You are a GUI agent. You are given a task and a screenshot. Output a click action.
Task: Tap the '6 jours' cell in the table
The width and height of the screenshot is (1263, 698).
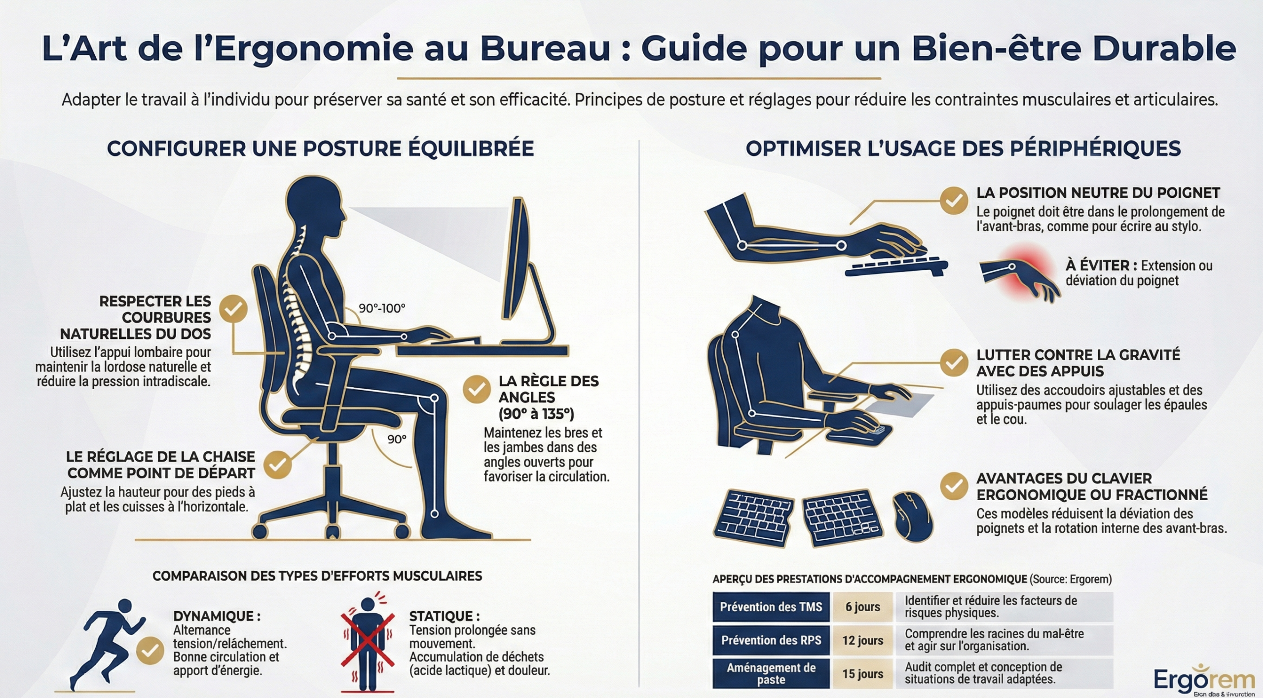click(x=862, y=607)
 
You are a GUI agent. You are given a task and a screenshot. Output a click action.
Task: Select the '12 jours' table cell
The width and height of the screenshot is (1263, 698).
click(x=862, y=640)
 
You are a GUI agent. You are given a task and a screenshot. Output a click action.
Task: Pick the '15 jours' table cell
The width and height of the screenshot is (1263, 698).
click(x=862, y=674)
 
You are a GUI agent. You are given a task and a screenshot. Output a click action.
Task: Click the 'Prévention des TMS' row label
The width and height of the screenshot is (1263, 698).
click(x=771, y=607)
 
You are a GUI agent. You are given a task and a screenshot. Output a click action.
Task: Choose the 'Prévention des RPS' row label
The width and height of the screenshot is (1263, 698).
click(x=771, y=640)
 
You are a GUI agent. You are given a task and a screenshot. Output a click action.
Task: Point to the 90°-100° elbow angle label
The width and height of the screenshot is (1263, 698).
click(x=381, y=308)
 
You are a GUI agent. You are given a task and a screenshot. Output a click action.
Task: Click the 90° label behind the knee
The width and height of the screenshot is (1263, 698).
click(x=397, y=439)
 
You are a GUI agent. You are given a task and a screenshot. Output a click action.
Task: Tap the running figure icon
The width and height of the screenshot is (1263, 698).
click(x=111, y=641)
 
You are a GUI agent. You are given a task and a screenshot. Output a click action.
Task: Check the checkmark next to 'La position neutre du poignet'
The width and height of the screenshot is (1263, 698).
click(x=953, y=200)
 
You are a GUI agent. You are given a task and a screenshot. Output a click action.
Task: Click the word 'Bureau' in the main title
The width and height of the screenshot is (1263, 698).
click(x=545, y=49)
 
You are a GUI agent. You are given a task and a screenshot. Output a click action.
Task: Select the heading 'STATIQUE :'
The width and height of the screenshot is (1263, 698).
click(x=444, y=616)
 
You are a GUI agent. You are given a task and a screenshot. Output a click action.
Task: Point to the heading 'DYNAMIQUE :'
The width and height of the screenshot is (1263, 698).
click(x=217, y=616)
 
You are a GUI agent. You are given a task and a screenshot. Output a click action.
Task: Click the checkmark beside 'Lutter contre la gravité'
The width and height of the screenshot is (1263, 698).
click(x=953, y=363)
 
